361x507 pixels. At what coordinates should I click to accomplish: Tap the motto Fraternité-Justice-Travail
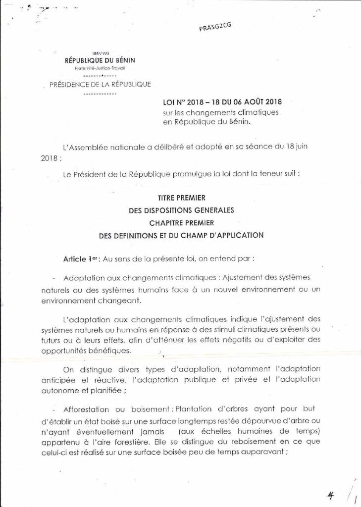[100, 68]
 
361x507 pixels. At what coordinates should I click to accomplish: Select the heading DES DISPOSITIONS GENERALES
[181, 209]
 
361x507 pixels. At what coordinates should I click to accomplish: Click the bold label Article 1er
[79, 259]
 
